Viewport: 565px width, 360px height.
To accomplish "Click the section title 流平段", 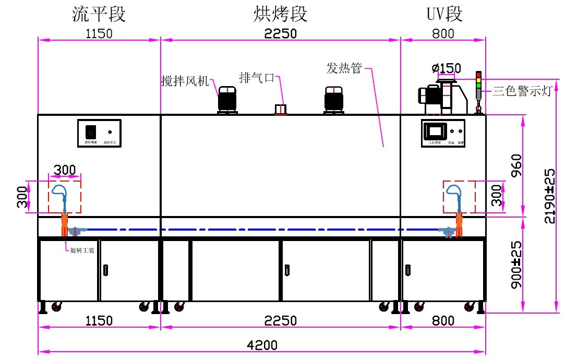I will tap(99, 14).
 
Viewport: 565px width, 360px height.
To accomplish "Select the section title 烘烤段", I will tap(280, 14).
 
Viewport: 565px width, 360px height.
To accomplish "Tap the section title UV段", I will tap(444, 14).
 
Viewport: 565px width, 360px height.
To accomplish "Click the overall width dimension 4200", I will tap(263, 345).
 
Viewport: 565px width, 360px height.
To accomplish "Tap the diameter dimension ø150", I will tap(446, 68).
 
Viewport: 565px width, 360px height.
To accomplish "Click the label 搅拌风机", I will tap(185, 81).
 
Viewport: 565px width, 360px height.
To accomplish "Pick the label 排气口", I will tap(256, 78).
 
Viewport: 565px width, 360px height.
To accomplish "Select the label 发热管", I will tap(344, 68).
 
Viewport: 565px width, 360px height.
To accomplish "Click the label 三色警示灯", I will tap(522, 92).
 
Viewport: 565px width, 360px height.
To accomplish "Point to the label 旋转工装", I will tap(82, 250).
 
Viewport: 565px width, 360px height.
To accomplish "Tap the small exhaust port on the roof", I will tap(281, 109).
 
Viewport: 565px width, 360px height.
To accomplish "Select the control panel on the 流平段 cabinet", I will tap(99, 134).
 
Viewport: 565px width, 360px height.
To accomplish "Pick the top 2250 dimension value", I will tap(280, 34).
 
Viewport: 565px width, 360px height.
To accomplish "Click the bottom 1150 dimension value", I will tap(99, 320).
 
